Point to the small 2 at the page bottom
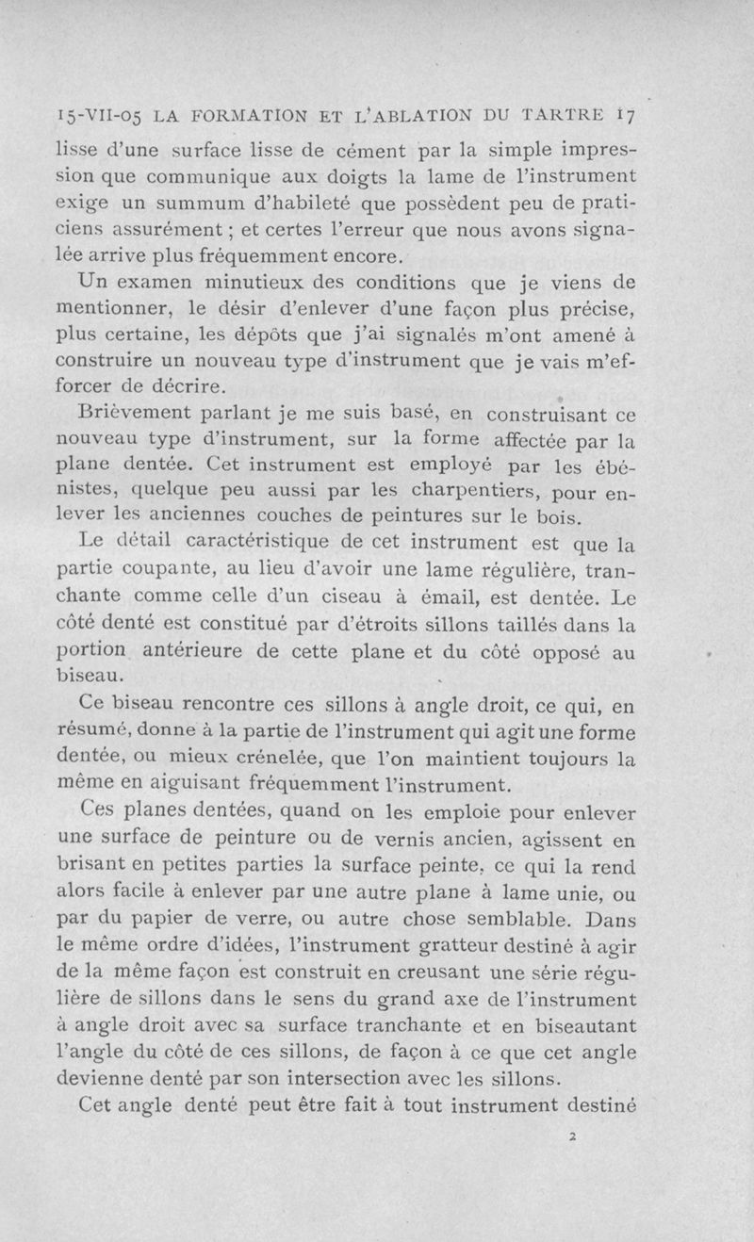coord(573,1136)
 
